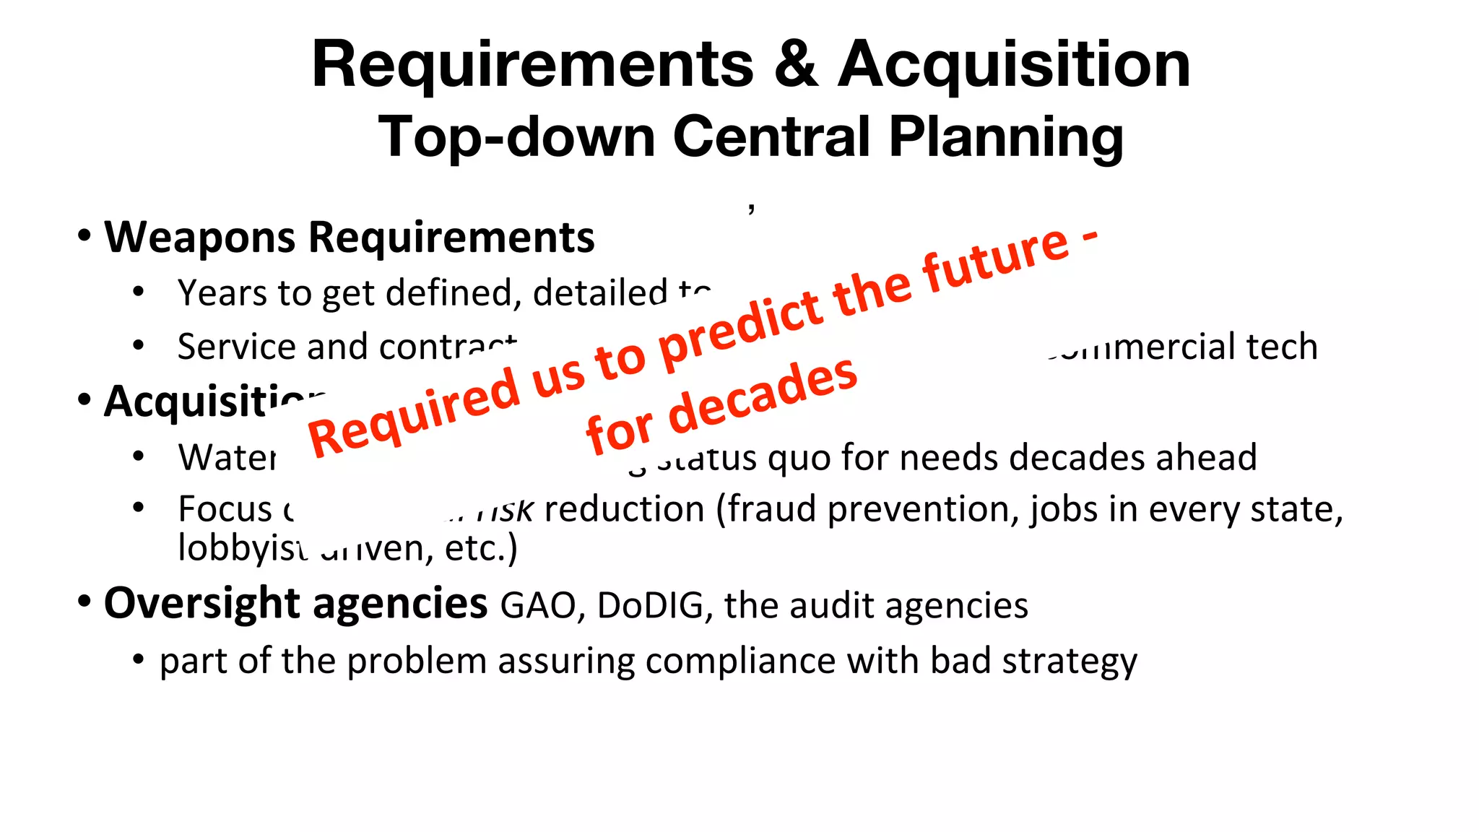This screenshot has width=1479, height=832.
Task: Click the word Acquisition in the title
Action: click(x=1013, y=65)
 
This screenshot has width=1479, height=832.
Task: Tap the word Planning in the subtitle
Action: click(x=1005, y=136)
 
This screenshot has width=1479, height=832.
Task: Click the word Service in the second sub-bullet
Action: click(x=238, y=347)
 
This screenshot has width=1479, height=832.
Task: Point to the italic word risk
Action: click(x=506, y=510)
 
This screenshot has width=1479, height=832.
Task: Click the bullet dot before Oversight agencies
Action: click(x=84, y=601)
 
